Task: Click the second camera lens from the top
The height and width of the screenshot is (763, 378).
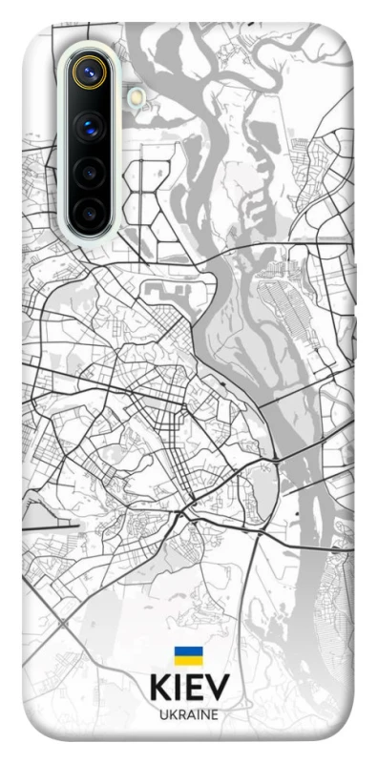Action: (x=90, y=126)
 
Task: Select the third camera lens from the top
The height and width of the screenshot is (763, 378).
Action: (x=90, y=173)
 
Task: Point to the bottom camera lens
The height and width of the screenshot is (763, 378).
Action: (x=90, y=213)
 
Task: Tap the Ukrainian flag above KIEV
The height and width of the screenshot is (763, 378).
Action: (x=188, y=655)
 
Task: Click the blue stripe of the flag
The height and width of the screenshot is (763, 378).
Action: (x=188, y=651)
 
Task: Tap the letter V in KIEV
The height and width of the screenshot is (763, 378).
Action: (x=218, y=688)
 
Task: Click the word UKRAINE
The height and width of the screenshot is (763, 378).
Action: (x=189, y=714)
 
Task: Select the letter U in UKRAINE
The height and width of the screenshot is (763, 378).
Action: (x=164, y=714)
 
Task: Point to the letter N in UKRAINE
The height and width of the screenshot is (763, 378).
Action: (x=204, y=714)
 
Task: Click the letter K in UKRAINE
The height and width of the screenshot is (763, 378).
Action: (x=173, y=714)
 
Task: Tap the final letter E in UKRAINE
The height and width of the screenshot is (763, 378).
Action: (x=214, y=714)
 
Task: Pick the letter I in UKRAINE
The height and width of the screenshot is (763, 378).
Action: (x=198, y=714)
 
